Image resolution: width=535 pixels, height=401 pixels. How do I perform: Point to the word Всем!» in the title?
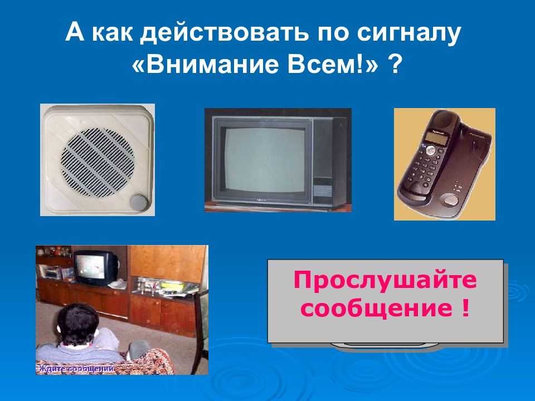click(333, 66)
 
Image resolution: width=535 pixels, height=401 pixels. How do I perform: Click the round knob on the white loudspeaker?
click(137, 202)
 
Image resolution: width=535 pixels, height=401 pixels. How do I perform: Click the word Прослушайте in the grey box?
click(385, 280)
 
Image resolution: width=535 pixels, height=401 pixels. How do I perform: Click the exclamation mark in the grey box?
click(464, 307)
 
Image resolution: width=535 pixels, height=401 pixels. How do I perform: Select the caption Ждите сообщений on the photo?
click(76, 368)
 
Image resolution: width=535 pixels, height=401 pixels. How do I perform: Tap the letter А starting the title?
click(74, 34)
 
